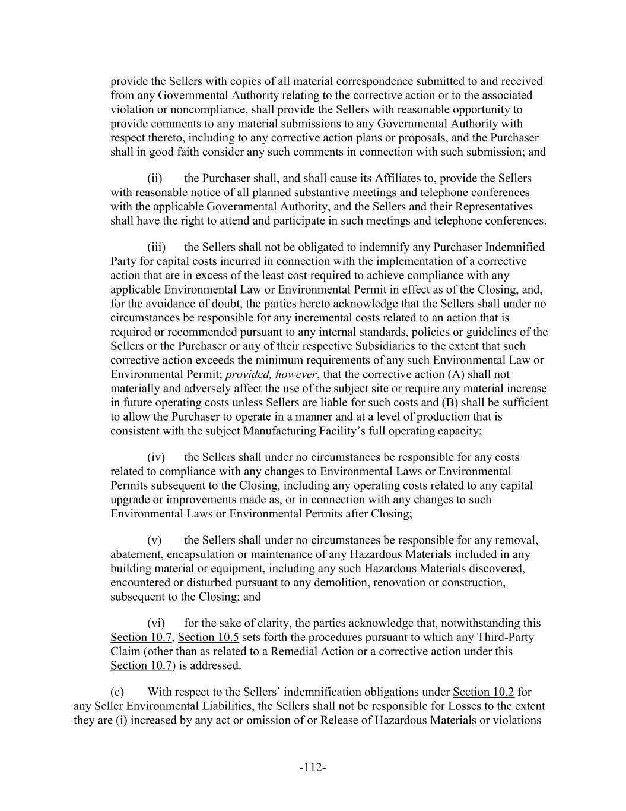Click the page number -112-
(x=313, y=767)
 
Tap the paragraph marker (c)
(x=117, y=692)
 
